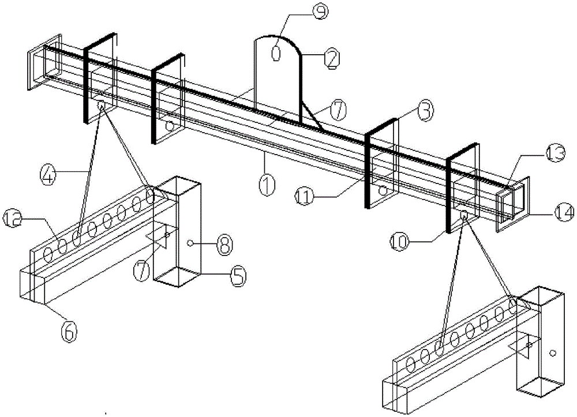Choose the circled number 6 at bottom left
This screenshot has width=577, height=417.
click(x=69, y=331)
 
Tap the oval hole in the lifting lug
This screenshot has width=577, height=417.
click(x=275, y=53)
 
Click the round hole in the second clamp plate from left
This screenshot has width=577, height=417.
click(x=170, y=125)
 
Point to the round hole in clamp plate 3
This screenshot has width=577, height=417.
click(x=381, y=190)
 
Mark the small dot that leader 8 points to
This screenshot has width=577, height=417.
click(x=190, y=245)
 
